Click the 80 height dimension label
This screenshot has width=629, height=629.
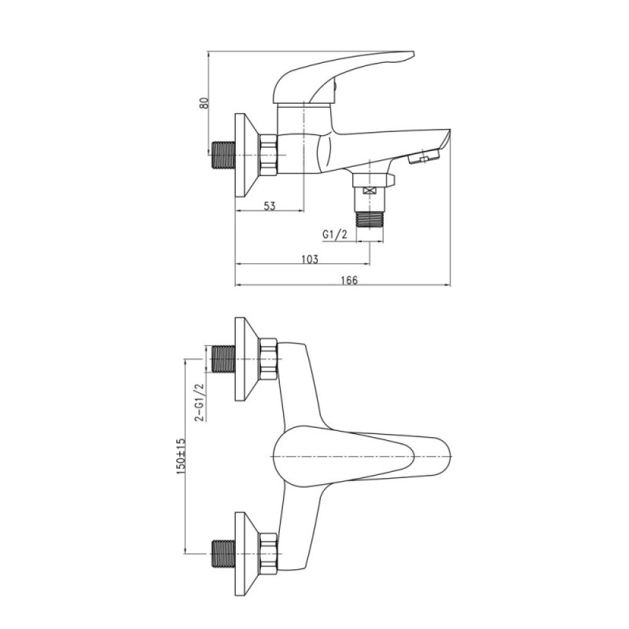coord(204,103)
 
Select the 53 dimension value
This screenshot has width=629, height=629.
coord(270,206)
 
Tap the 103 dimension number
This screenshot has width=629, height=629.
coord(309,259)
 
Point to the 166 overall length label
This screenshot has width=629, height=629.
coord(349,280)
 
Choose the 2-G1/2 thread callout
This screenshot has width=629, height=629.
coord(199,403)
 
